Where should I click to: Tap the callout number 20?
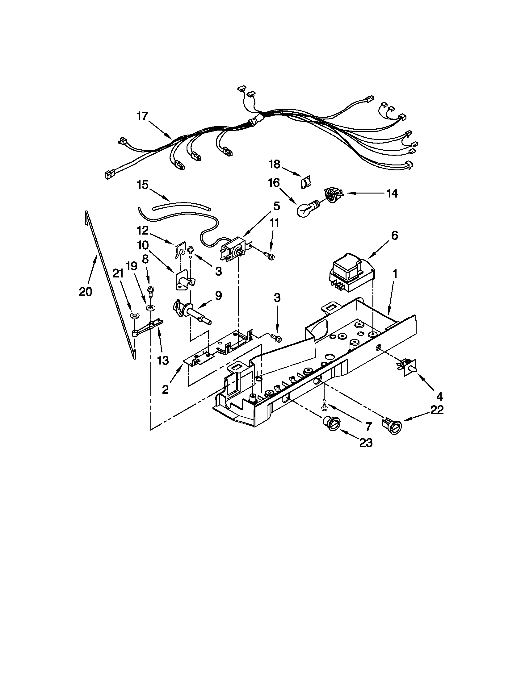(86, 292)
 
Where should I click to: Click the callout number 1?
(395, 274)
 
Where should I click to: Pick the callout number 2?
(165, 389)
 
